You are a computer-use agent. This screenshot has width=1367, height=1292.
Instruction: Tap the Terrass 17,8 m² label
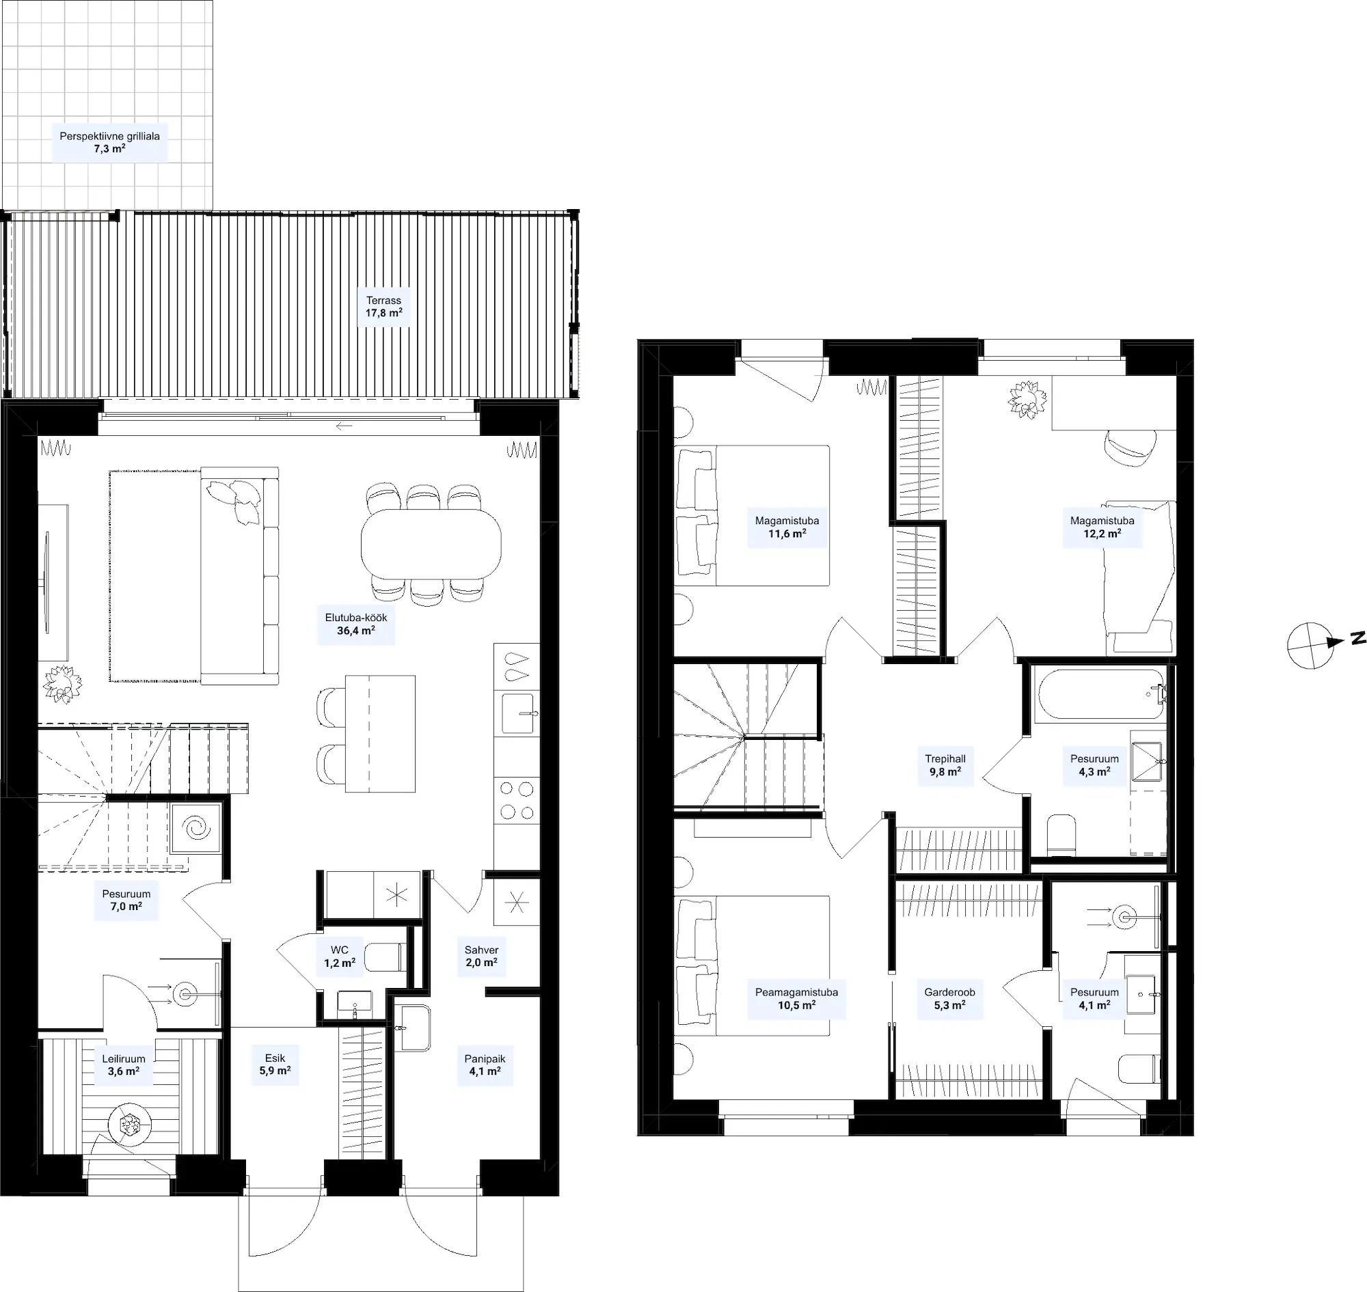tap(383, 307)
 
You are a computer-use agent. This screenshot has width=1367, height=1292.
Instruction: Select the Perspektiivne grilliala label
tap(109, 137)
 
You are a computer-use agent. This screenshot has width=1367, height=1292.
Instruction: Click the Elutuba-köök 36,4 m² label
tap(355, 624)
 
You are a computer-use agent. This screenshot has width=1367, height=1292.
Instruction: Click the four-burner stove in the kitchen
tap(517, 800)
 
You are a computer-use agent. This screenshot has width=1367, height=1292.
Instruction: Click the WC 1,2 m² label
tap(340, 957)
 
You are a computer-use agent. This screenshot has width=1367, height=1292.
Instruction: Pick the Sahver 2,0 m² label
tap(481, 956)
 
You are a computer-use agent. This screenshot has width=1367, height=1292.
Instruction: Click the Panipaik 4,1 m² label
tap(485, 1064)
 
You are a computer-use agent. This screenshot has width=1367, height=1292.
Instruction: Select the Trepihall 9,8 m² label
tap(945, 765)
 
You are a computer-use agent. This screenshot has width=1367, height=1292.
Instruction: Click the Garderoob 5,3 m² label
tap(949, 999)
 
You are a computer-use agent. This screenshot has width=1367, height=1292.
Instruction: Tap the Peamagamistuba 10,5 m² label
tap(796, 999)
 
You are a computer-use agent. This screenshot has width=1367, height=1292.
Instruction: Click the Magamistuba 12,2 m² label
tap(1102, 527)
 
